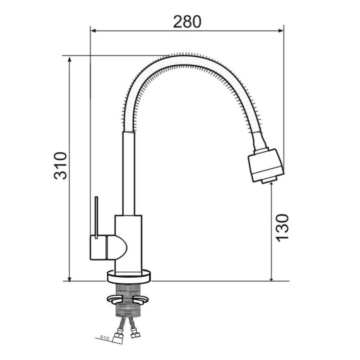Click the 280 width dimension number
[x=187, y=22]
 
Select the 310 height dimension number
[x=60, y=165]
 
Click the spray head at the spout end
[x=266, y=165]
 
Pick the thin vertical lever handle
[x=96, y=217]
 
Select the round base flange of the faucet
[x=129, y=276]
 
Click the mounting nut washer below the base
[x=128, y=299]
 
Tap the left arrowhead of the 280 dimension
[x=94, y=31]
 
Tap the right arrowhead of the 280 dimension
[x=280, y=31]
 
